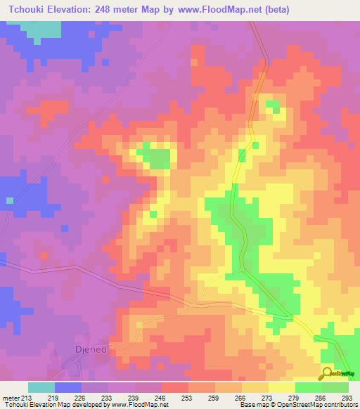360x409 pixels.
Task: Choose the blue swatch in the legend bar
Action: point(68,387)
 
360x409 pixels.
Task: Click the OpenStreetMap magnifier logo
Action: point(327,373)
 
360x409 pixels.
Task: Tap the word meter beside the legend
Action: point(10,398)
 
